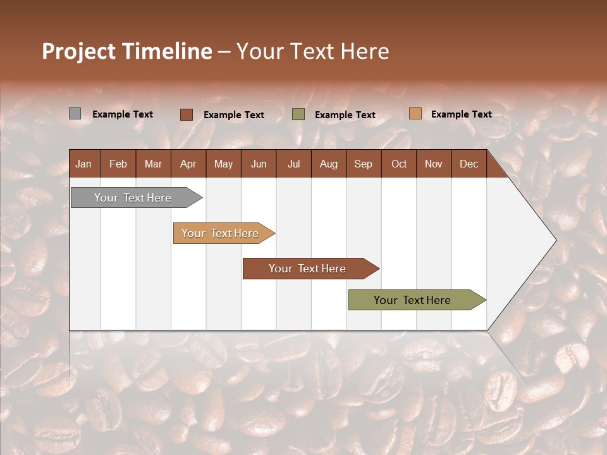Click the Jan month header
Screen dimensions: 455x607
(84, 164)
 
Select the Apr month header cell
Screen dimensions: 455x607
(188, 164)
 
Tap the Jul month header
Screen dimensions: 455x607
(293, 164)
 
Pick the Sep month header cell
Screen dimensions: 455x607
(363, 164)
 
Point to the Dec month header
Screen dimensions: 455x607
(469, 164)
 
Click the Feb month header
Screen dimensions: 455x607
(118, 164)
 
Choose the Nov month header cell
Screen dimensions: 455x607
(433, 164)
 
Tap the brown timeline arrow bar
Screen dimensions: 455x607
(308, 269)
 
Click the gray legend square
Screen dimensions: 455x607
(75, 114)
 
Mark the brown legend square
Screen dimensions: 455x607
(186, 114)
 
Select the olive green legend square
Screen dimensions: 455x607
(298, 114)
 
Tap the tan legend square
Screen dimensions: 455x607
(415, 114)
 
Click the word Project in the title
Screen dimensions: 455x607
(78, 51)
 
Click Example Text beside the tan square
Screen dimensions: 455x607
(461, 114)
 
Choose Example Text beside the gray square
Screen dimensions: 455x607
(122, 114)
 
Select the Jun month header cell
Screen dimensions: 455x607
(259, 164)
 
